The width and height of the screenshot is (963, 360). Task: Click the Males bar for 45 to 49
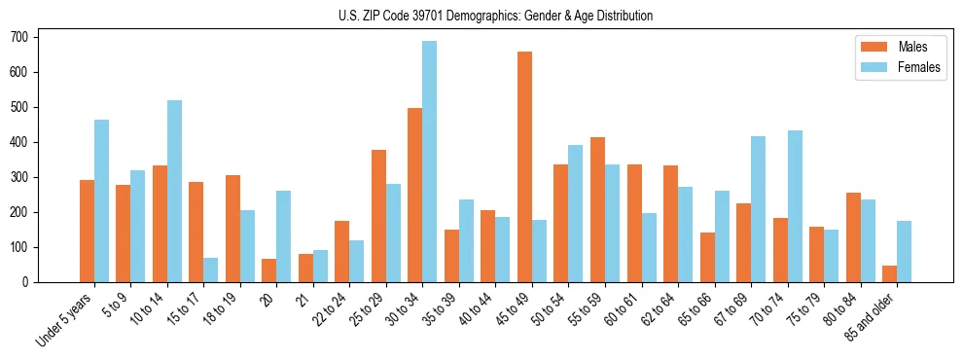coord(524,166)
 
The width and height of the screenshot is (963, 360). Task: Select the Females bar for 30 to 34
coord(430,162)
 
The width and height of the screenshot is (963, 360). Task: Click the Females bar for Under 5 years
coord(101,200)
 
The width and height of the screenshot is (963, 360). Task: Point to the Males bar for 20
coord(269,270)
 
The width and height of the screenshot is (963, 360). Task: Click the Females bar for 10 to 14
coord(174,191)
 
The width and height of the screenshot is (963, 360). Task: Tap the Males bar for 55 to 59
coord(597,209)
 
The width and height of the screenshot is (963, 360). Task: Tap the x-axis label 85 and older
coord(873,319)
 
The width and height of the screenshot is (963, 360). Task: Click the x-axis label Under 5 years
coord(66,320)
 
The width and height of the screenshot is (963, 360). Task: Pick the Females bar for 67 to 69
coord(758,209)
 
